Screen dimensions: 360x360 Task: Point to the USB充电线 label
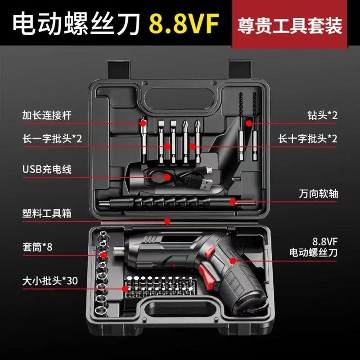coord(47,169)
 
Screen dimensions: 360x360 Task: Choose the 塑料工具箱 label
coord(47,213)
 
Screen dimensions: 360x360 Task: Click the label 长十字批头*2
coord(308,138)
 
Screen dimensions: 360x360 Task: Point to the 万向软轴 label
coord(318,194)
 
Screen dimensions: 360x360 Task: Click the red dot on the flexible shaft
coord(232,201)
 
